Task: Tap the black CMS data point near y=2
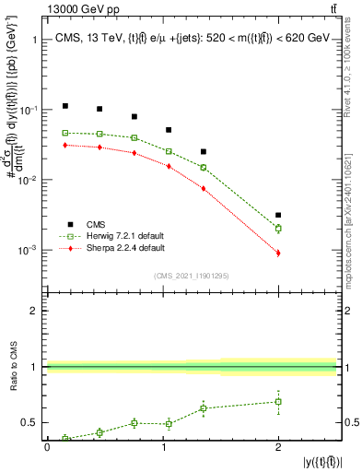tap(278, 215)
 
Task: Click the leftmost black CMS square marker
tap(65, 106)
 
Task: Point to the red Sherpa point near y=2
tap(278, 253)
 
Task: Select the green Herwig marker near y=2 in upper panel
tap(278, 228)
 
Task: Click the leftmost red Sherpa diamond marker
tap(65, 145)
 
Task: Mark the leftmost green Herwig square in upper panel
tap(65, 133)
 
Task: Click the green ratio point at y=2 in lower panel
tap(278, 402)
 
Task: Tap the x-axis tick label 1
tap(162, 447)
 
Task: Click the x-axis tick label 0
tap(47, 447)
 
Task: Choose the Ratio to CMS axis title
tap(11, 367)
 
